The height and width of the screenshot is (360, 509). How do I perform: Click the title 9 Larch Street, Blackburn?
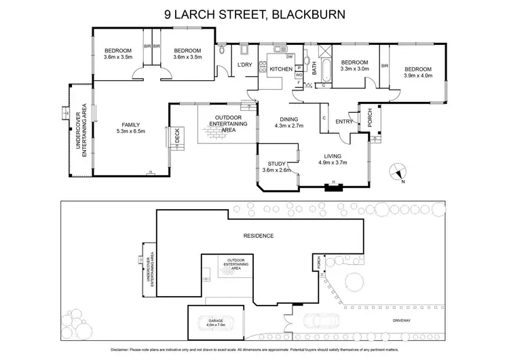[x=254, y=13]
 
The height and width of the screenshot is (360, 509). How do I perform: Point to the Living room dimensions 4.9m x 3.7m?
[x=332, y=163]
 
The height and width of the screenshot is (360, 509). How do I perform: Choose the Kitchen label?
[x=281, y=69]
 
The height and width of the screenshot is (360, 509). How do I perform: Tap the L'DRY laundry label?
[x=244, y=65]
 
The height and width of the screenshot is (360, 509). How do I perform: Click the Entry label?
[x=344, y=122]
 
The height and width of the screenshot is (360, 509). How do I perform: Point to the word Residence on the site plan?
[x=259, y=236]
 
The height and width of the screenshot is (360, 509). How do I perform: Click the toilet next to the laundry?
[x=223, y=49]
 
